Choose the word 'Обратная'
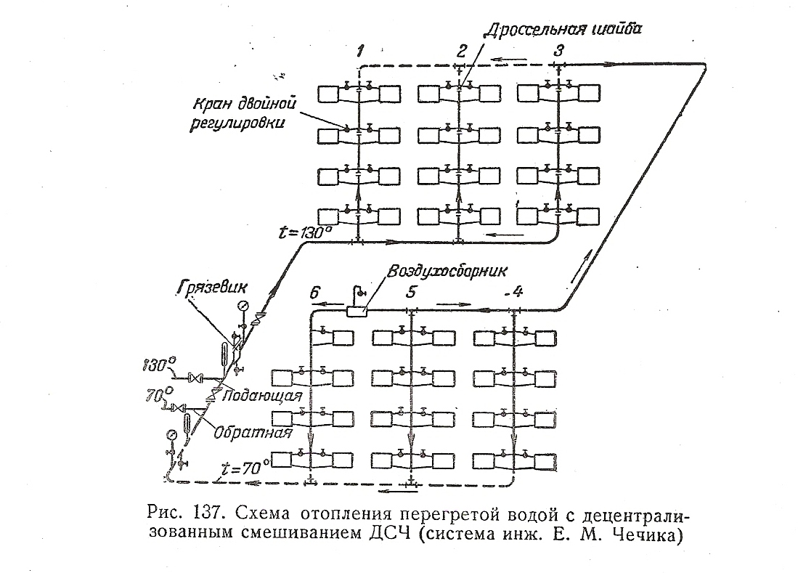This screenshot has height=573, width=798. point(253,434)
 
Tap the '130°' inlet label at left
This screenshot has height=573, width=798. point(159,361)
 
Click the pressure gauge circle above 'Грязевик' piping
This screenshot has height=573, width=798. point(242,304)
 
